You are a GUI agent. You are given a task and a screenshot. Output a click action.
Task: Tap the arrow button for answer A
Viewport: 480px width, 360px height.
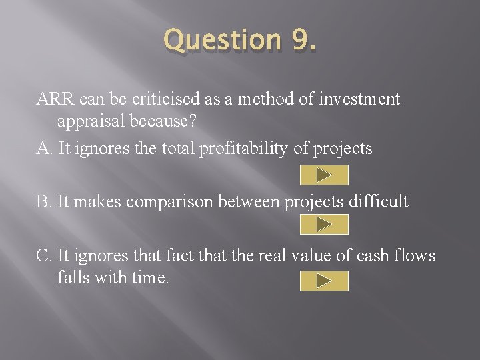coord(324,175)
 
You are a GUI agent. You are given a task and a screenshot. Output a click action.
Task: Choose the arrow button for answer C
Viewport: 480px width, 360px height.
coord(324,281)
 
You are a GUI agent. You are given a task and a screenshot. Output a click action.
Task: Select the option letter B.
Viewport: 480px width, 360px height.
coord(43,202)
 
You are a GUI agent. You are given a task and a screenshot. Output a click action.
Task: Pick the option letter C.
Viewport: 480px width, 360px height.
coord(43,255)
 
